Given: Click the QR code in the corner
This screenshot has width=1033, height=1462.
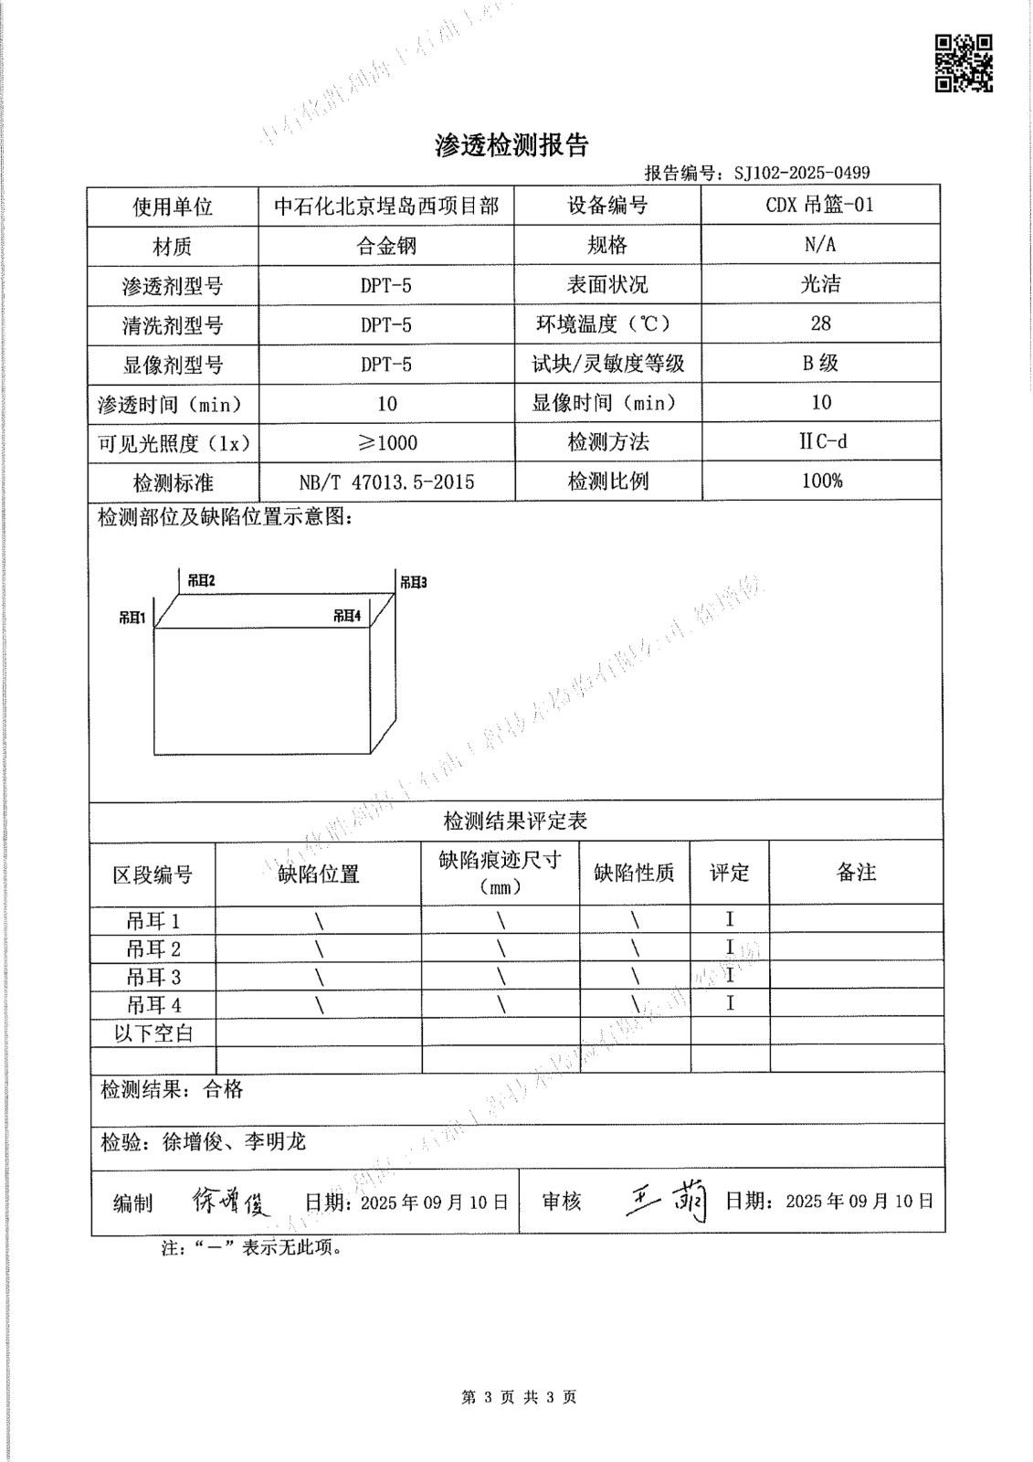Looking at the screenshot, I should [963, 63].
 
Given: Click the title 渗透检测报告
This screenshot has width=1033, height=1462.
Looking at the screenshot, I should [511, 145].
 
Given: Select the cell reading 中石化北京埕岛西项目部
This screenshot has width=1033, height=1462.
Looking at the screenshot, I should [386, 207].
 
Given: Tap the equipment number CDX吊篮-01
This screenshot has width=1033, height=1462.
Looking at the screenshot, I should [819, 205].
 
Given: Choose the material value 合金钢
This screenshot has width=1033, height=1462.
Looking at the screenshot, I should [386, 247].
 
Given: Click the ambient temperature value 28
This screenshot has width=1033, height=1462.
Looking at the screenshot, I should [820, 323].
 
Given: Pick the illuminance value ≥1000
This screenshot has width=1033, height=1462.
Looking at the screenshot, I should [386, 443].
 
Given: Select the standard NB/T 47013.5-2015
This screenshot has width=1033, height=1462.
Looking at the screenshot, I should [386, 482].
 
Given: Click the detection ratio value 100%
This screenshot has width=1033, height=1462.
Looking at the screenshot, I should [821, 481].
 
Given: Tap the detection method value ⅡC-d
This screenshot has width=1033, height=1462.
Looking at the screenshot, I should [821, 441].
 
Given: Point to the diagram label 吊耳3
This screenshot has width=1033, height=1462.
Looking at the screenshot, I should [413, 581].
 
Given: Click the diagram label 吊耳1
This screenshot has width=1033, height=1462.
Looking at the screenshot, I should [132, 618].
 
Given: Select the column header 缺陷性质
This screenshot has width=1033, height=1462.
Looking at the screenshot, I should [634, 874].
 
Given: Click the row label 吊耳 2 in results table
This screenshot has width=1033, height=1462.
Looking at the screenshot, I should [153, 948].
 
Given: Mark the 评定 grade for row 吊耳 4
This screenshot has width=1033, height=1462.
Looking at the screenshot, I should [730, 1003].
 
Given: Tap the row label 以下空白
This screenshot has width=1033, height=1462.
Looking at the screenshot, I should [153, 1033].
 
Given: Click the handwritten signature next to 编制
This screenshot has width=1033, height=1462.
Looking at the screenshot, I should [231, 1201].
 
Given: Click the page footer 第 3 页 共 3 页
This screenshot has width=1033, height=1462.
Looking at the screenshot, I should [519, 1397].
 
